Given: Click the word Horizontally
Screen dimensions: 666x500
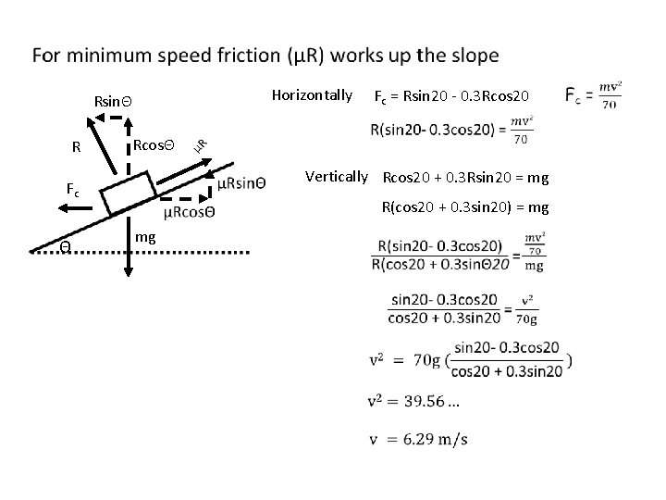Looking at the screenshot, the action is [x=313, y=94].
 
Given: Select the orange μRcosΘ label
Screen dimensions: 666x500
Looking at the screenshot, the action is [x=189, y=212].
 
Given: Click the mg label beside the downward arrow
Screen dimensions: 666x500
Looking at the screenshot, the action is [x=144, y=238].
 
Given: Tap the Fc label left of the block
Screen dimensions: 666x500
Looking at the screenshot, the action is [x=72, y=188].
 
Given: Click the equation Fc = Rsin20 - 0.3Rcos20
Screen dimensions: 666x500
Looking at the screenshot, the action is [x=451, y=96].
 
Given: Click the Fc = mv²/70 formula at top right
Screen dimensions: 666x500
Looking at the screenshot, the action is [x=591, y=96].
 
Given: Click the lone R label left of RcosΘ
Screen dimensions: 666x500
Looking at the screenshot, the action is [x=78, y=146].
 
